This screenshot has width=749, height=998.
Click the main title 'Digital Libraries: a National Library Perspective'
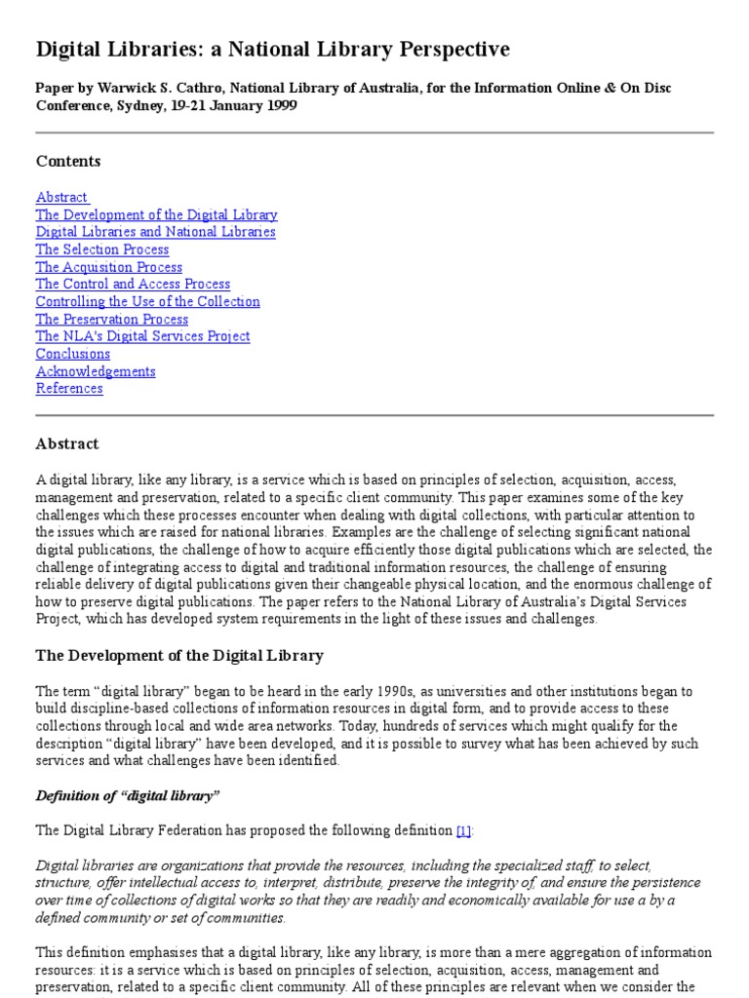[x=272, y=50]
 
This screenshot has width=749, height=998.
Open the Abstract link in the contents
[x=61, y=197]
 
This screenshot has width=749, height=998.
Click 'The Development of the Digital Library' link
[x=156, y=214]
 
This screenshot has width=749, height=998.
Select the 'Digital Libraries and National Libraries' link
[x=155, y=232]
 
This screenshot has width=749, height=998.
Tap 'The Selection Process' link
[x=102, y=249]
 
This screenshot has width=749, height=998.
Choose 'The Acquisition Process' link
[x=108, y=267]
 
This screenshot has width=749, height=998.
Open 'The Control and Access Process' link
[x=133, y=285]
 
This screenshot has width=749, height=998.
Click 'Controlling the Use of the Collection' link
[x=147, y=302]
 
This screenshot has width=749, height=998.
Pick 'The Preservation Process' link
[x=111, y=320]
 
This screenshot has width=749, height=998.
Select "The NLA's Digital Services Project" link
[x=142, y=336]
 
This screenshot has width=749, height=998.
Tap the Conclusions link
[x=73, y=354]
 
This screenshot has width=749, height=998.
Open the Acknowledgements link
[x=96, y=371]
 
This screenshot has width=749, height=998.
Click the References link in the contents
[x=69, y=389]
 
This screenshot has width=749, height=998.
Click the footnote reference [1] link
[x=463, y=830]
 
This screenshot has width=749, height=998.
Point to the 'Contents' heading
[x=68, y=161]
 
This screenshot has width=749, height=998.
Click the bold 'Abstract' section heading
[x=67, y=443]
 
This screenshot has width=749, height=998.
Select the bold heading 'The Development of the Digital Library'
[x=179, y=655]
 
